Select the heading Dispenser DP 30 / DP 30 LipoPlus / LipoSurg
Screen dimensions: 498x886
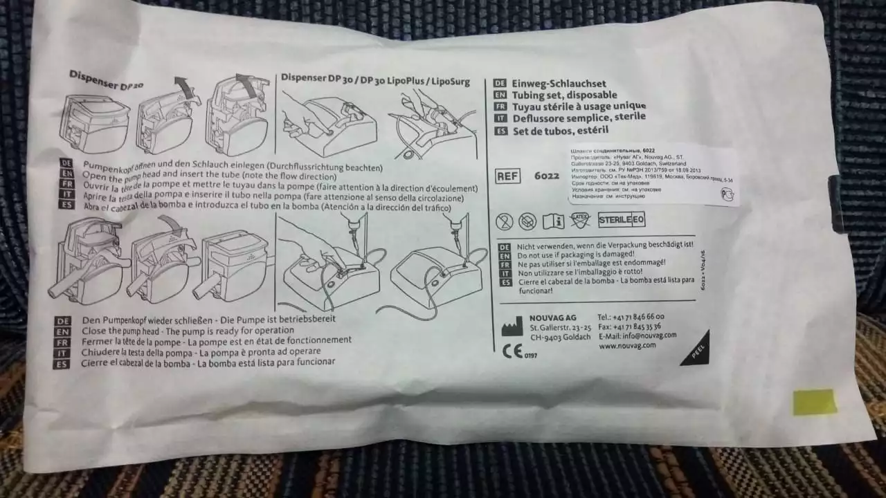pyautogui.click(x=374, y=80)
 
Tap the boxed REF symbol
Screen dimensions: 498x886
pyautogui.click(x=508, y=176)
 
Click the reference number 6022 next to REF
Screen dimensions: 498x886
pyautogui.click(x=547, y=176)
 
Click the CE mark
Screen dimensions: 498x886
pyautogui.click(x=512, y=351)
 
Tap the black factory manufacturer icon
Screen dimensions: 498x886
pyautogui.click(x=512, y=326)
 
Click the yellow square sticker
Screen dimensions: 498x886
pyautogui.click(x=814, y=402)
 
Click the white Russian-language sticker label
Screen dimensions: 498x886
pyautogui.click(x=653, y=174)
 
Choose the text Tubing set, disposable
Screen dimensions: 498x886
pyautogui.click(x=563, y=95)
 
